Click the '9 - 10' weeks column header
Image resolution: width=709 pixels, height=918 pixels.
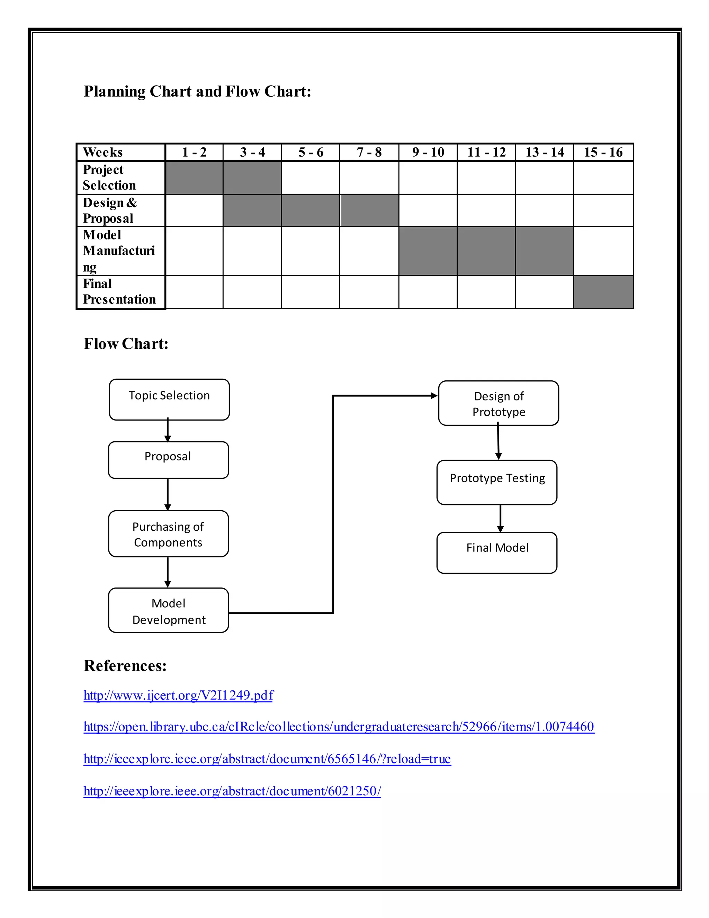428,152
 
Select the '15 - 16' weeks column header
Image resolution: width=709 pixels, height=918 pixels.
603,152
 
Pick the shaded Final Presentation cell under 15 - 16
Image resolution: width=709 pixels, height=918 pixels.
603,292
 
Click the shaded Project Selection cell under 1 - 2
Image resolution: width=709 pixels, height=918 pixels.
194,177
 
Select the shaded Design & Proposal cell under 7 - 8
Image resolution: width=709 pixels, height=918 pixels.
369,210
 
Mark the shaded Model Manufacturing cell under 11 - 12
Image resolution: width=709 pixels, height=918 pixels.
486,251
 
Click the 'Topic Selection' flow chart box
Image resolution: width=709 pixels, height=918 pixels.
169,399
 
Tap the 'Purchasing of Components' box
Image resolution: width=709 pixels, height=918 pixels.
169,534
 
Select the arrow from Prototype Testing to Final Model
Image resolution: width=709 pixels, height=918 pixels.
500,518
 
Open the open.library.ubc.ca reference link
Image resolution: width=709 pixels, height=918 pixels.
339,727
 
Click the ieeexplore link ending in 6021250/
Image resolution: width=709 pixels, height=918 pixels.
232,791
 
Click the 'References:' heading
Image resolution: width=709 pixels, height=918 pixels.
125,666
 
